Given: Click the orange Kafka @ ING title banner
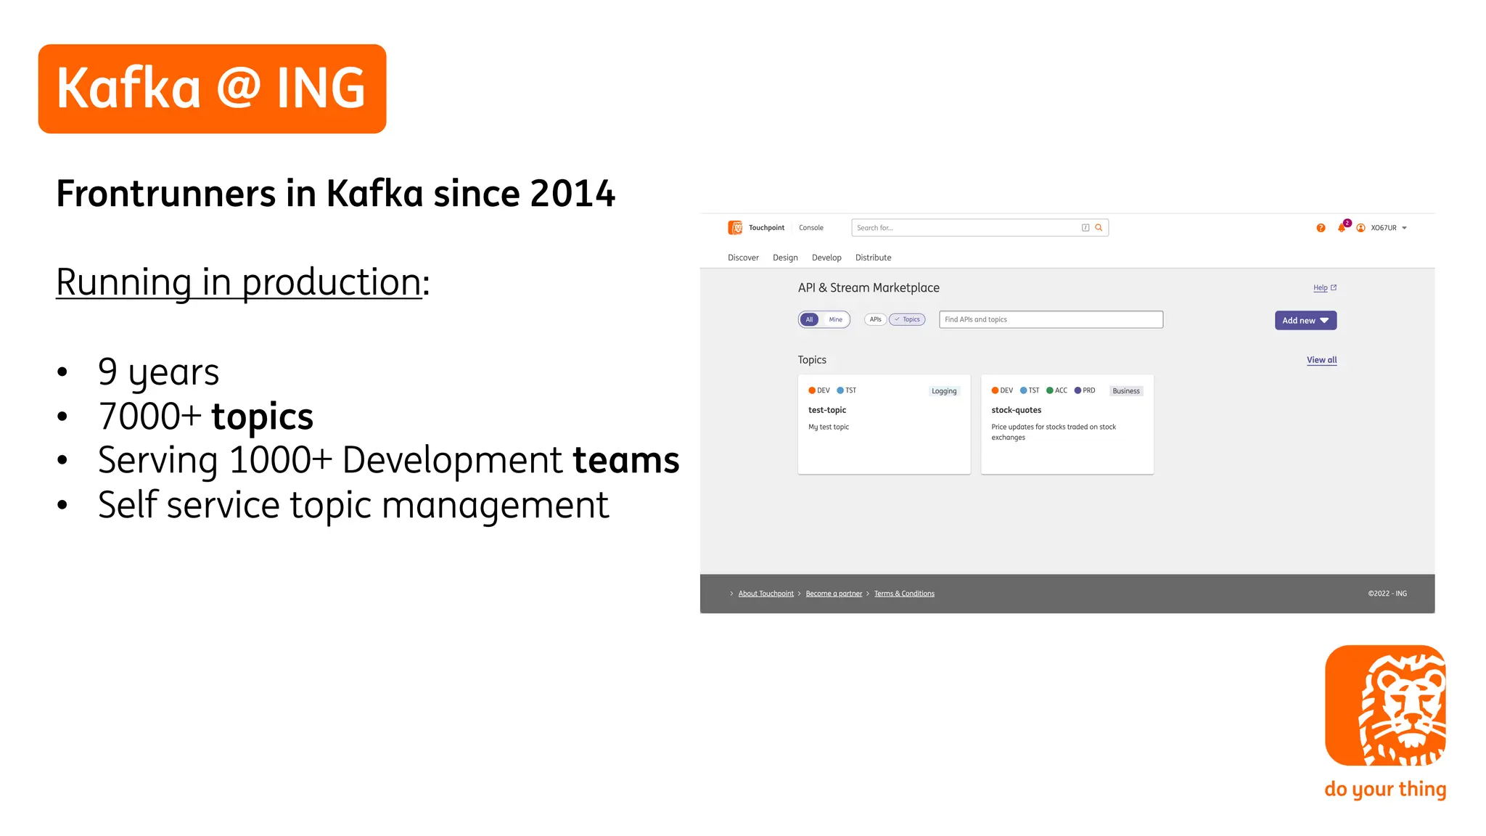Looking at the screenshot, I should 212,89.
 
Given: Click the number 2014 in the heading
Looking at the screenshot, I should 572,194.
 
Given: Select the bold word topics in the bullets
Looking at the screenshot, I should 262,417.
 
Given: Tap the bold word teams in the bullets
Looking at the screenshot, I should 625,460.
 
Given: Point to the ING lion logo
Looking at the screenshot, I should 1385,705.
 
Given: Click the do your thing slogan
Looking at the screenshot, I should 1385,789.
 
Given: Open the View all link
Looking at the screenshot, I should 1321,360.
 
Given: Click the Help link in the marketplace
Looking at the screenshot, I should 1321,288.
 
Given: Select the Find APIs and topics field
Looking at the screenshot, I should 1051,320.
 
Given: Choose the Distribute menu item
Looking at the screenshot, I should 873,258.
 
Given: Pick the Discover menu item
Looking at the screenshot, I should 743,258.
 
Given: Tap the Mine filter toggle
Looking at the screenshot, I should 836,320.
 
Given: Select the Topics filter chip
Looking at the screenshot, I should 908,320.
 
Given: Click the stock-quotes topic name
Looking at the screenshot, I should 1016,410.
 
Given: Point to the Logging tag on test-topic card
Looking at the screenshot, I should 944,391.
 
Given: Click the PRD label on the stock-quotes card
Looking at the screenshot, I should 1088,390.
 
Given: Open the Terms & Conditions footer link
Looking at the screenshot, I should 904,594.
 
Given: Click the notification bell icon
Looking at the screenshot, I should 1341,228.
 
